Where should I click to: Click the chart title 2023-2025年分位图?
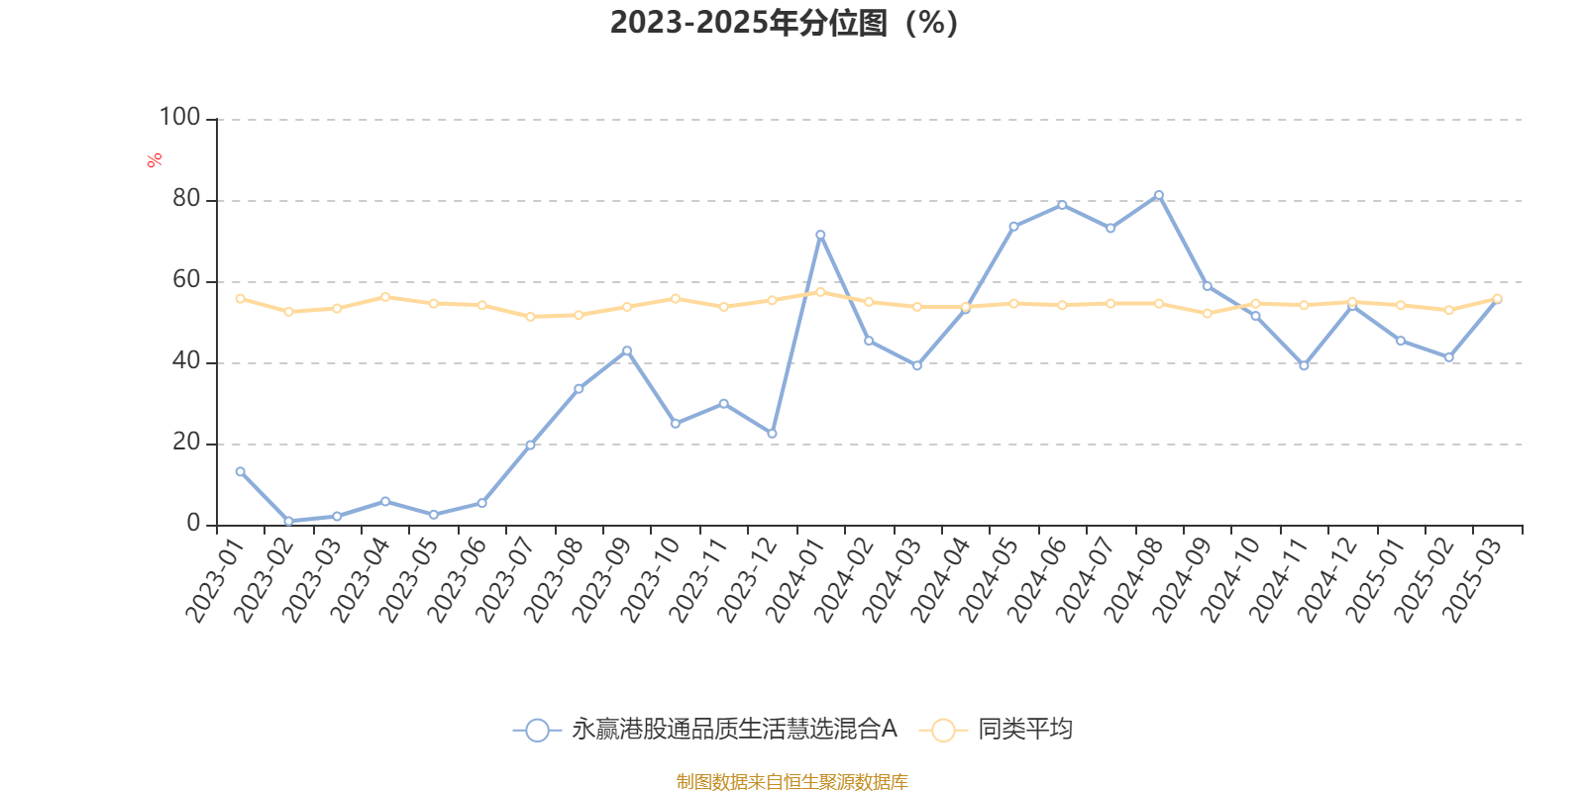pyautogui.click(x=784, y=22)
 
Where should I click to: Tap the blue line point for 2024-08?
pyautogui.click(x=1158, y=195)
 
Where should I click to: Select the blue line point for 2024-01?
pyautogui.click(x=820, y=235)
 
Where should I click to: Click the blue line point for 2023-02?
pyautogui.click(x=288, y=521)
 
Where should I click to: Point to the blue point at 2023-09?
pyautogui.click(x=627, y=350)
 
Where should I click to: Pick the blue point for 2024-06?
pyautogui.click(x=1062, y=205)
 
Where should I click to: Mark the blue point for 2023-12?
pyautogui.click(x=772, y=434)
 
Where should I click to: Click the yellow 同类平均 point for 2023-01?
pyautogui.click(x=240, y=298)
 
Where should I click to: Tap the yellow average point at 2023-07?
pyautogui.click(x=530, y=317)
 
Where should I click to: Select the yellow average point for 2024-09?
pyautogui.click(x=1207, y=313)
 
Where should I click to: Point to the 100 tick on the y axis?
pyautogui.click(x=180, y=118)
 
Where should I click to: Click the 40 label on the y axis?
pyautogui.click(x=185, y=361)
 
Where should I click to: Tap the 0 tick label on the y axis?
pyautogui.click(x=193, y=524)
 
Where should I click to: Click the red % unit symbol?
pyautogui.click(x=155, y=160)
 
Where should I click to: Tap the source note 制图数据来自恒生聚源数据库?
pyautogui.click(x=792, y=782)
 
